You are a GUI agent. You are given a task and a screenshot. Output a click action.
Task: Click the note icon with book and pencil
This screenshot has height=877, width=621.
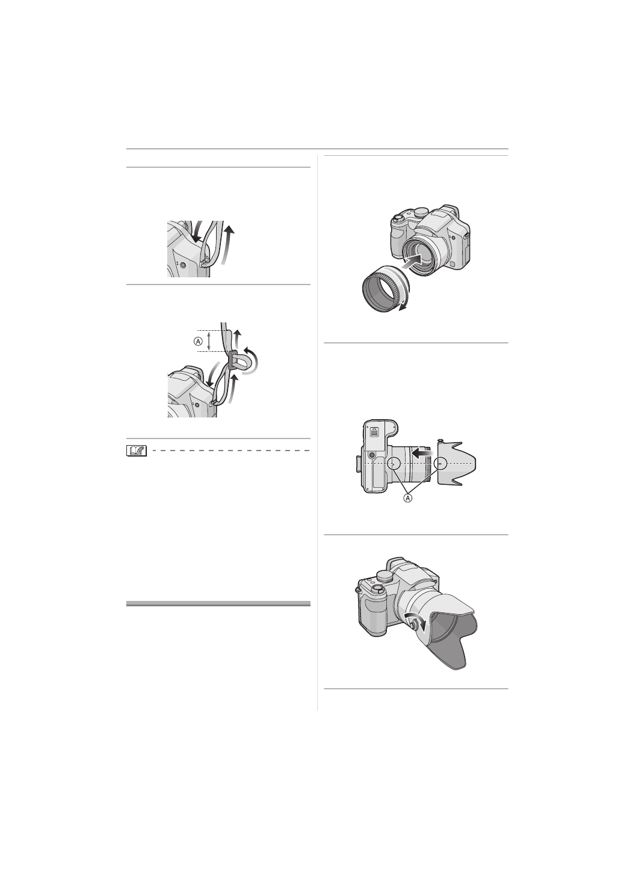(x=136, y=451)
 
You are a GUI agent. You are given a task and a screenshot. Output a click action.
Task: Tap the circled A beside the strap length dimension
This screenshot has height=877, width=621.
(x=199, y=342)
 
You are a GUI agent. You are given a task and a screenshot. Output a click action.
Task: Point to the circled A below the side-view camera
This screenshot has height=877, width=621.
(x=407, y=498)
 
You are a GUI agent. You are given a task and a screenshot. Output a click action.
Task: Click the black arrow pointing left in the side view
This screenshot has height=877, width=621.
(x=422, y=452)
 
